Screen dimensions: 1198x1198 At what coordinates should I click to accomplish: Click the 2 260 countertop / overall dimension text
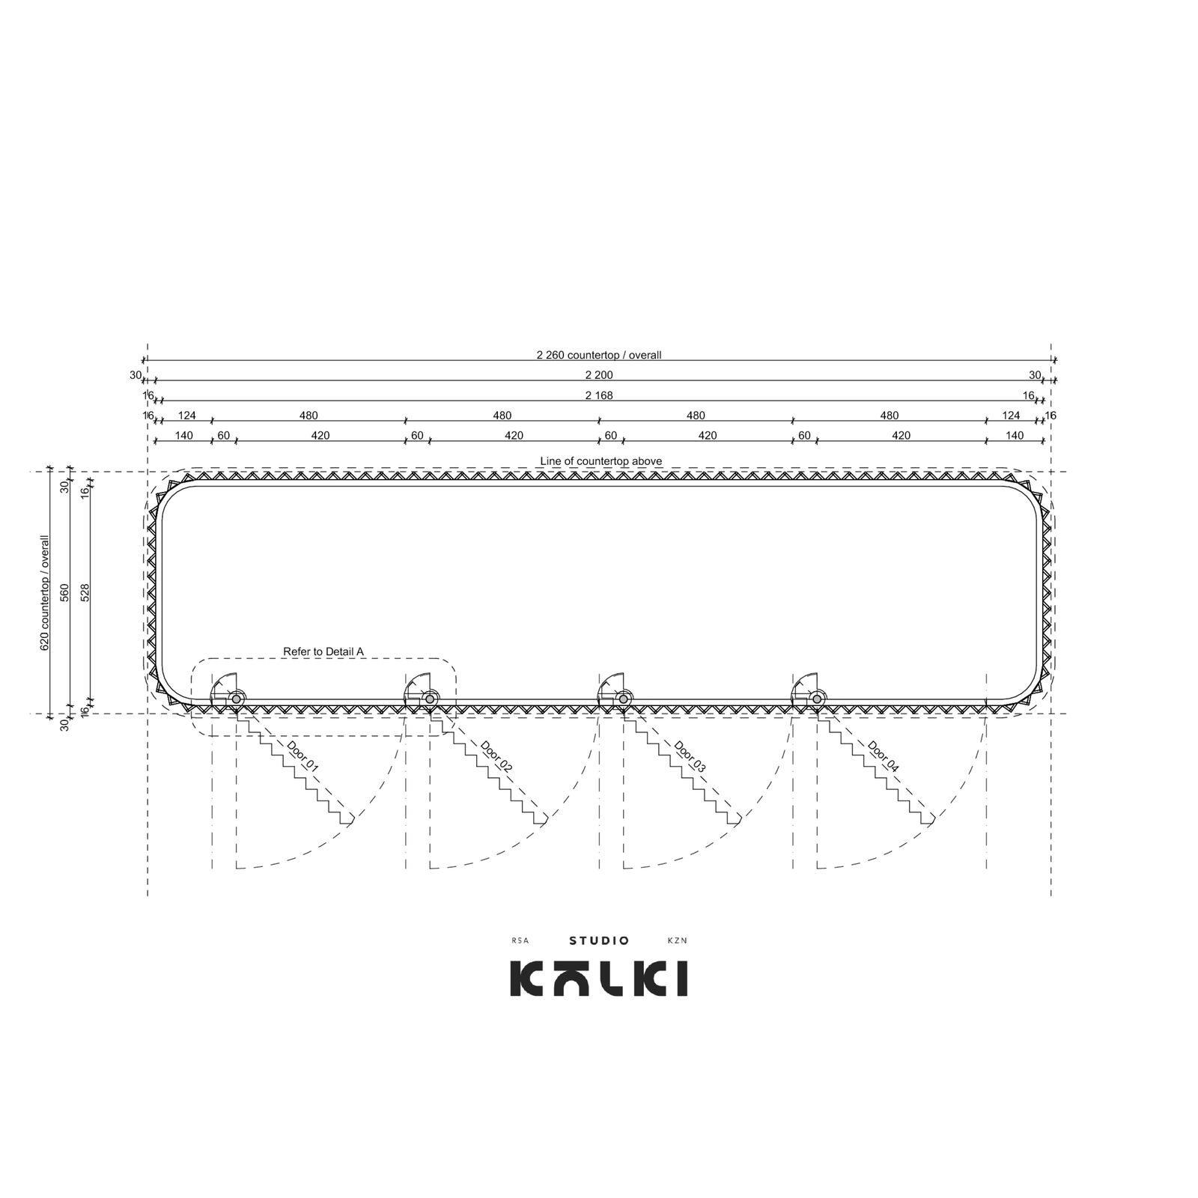click(599, 355)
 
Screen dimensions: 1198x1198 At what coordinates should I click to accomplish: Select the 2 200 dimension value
click(599, 375)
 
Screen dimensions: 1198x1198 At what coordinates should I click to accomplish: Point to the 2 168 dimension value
click(599, 395)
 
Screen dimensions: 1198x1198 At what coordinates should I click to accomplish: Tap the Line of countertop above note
click(601, 461)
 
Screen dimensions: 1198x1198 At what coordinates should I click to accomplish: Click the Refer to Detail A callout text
click(323, 652)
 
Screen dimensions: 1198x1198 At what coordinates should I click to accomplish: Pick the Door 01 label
click(302, 756)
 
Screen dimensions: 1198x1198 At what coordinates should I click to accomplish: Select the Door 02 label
click(496, 756)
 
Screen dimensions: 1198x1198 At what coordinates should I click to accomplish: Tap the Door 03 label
click(690, 756)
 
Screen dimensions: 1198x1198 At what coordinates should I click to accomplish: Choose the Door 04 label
click(884, 756)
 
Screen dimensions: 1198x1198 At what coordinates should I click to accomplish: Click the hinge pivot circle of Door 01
click(237, 699)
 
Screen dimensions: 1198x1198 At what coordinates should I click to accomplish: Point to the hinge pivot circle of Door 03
click(623, 699)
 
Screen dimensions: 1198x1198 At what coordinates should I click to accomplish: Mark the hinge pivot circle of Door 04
click(817, 699)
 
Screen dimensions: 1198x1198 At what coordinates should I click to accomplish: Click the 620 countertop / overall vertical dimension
click(45, 592)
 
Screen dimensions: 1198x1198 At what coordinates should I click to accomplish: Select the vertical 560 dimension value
click(65, 592)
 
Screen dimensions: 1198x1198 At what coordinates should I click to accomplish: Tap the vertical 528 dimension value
click(85, 592)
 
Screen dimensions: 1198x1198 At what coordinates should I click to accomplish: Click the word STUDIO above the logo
click(599, 940)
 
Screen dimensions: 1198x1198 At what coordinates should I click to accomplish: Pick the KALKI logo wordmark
click(599, 979)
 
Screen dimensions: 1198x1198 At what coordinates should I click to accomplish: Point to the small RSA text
click(520, 941)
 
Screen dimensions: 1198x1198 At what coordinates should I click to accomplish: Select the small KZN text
click(677, 941)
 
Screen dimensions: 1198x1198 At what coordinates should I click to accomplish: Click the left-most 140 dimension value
click(183, 436)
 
